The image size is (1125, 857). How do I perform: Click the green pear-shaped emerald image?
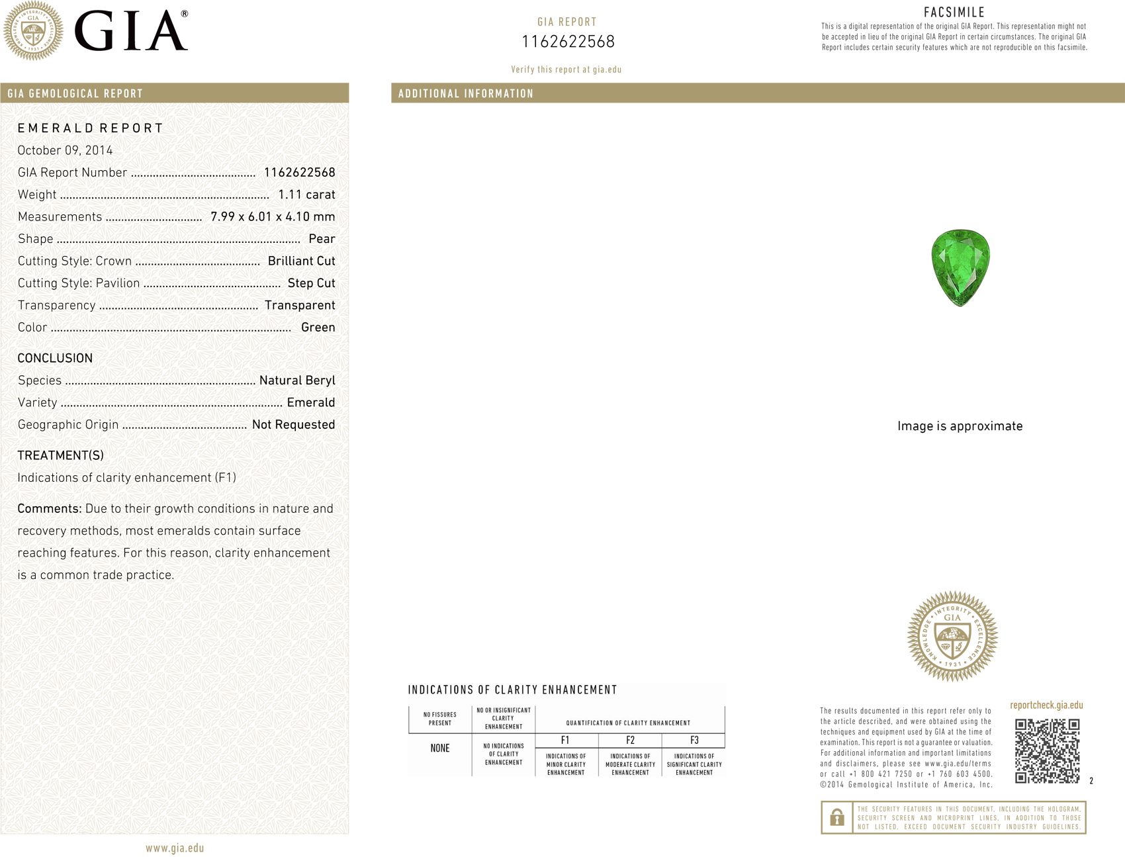(x=960, y=267)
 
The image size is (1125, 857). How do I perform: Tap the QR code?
(x=1047, y=751)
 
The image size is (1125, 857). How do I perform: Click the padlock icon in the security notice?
(x=837, y=817)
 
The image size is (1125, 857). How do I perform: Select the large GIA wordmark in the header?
(x=131, y=32)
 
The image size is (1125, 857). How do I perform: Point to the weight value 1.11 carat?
(x=306, y=195)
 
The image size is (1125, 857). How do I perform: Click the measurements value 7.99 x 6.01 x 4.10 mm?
(x=273, y=216)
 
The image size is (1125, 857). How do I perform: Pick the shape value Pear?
(x=322, y=239)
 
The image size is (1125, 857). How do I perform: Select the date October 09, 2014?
(x=65, y=150)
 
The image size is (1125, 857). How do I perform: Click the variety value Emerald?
(x=310, y=402)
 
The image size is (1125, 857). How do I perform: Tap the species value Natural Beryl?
(x=297, y=381)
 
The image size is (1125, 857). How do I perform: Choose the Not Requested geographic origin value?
(x=293, y=425)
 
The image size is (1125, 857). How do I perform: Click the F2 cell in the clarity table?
(x=630, y=741)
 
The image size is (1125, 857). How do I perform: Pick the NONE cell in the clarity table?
(x=440, y=748)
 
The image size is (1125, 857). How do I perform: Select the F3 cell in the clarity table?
(x=694, y=741)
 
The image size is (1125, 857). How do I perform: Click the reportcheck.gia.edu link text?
(x=1046, y=705)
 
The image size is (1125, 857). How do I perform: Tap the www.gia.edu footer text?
(x=175, y=848)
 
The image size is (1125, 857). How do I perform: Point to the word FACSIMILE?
(x=954, y=13)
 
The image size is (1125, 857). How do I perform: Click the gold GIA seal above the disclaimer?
(x=952, y=636)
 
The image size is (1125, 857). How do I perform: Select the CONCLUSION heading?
(x=55, y=358)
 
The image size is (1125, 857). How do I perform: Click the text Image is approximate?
(x=960, y=426)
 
